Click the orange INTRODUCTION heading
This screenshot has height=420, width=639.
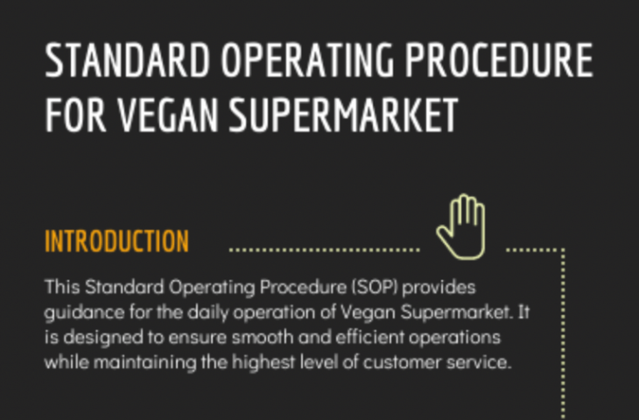tap(116, 241)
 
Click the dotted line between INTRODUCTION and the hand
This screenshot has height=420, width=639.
tap(324, 249)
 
